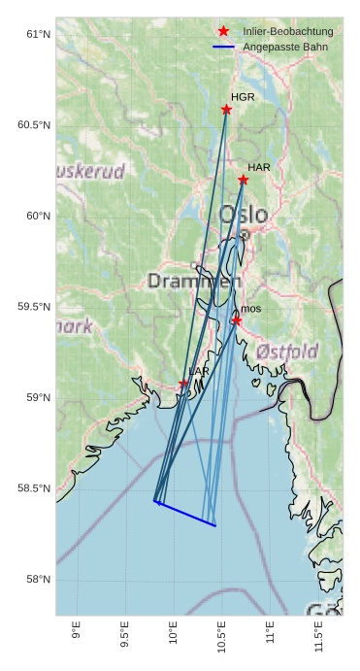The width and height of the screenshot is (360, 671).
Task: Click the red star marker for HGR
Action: [x=226, y=110]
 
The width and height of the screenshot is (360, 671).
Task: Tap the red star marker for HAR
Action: [x=243, y=180]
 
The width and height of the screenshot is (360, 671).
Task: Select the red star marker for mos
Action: [x=236, y=320]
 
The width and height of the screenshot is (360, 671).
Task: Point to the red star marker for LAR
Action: [x=183, y=384]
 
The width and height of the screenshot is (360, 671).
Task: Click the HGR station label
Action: [x=243, y=97]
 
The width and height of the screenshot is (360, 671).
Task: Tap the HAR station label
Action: [x=258, y=168]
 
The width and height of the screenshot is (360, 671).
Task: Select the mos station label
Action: [x=250, y=309]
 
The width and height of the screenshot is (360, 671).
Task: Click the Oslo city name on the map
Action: [x=238, y=215]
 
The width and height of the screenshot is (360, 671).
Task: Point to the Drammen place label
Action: [x=194, y=282]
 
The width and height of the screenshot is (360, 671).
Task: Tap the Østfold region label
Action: [x=287, y=351]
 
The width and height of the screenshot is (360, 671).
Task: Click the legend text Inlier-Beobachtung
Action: [x=287, y=32]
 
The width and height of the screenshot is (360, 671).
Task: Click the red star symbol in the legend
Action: [x=223, y=32]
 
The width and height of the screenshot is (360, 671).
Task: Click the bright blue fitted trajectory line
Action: [x=184, y=514]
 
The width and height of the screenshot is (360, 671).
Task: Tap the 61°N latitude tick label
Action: [x=37, y=35]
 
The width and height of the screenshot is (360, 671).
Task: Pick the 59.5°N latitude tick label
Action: [x=35, y=307]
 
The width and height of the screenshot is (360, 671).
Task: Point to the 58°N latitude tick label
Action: [x=37, y=580]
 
